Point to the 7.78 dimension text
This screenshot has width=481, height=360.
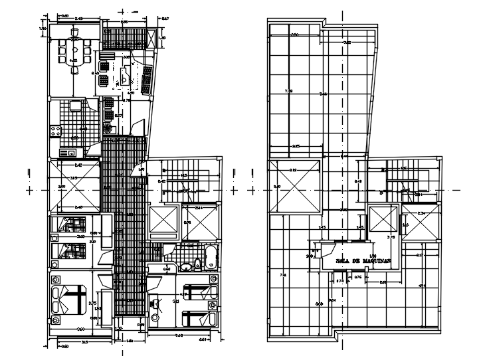pos(288,91)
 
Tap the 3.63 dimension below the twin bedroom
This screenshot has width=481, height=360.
pos(179,335)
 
